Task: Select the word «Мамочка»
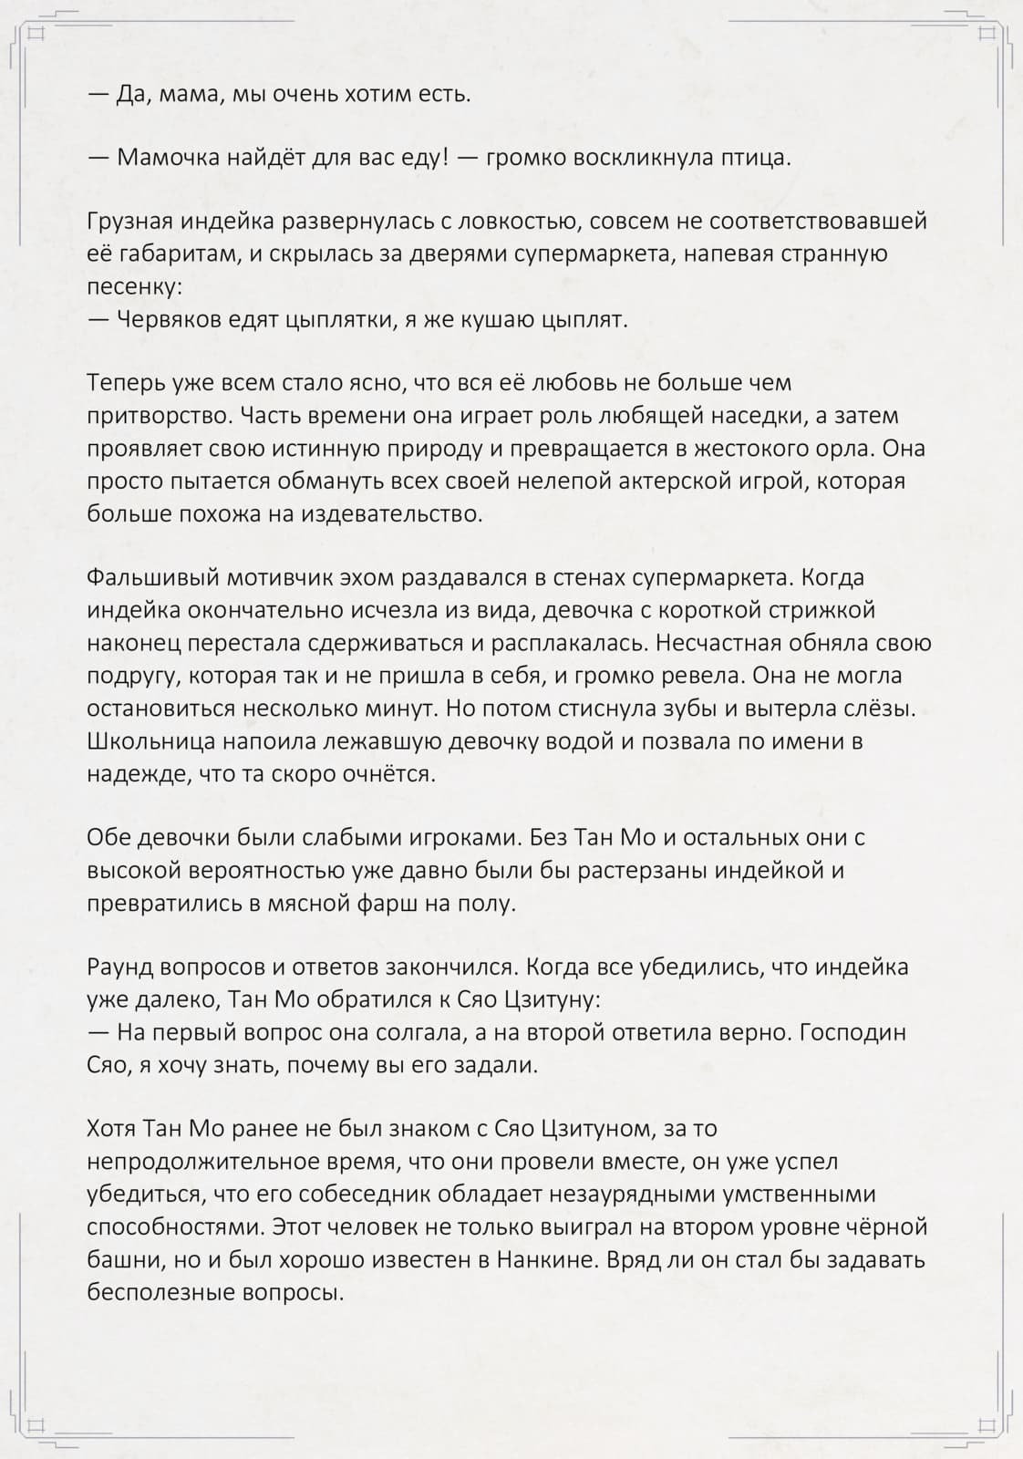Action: tap(169, 158)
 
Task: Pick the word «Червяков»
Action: tap(172, 320)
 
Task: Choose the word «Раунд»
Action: tap(119, 967)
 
